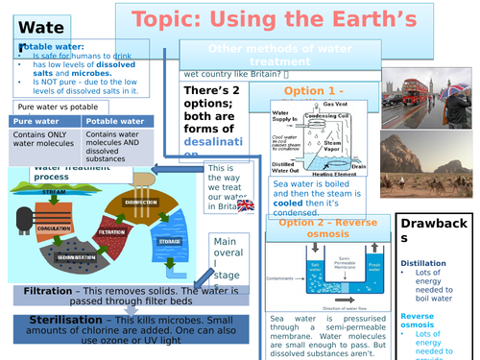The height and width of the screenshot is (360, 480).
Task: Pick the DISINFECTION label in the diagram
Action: (140, 202)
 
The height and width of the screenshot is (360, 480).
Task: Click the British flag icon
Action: (246, 204)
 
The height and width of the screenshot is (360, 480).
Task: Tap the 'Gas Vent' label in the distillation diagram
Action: (335, 104)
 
